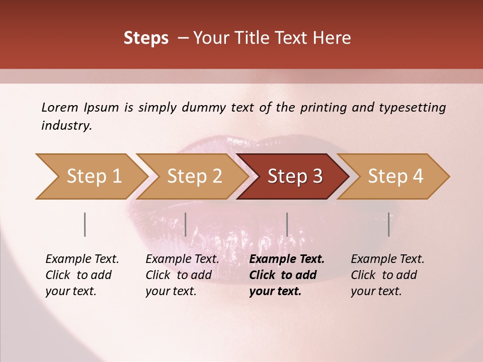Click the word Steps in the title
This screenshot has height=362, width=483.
point(146,38)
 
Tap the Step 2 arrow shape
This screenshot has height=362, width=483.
point(194,176)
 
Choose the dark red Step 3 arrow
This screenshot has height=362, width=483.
point(295,176)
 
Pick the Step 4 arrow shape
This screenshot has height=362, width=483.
point(395,176)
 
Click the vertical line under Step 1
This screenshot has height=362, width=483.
point(85,224)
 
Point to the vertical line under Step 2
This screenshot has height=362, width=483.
point(186,224)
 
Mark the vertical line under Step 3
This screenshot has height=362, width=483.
point(287,224)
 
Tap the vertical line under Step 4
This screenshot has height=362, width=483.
point(388,224)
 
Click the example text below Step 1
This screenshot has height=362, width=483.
point(82,275)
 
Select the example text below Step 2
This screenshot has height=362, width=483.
point(182,275)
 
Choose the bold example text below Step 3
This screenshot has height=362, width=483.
point(287,275)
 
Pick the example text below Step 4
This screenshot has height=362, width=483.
point(387,275)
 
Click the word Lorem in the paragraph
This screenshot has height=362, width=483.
point(60,107)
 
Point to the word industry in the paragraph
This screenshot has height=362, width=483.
point(66,125)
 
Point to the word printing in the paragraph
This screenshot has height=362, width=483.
point(322,108)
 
